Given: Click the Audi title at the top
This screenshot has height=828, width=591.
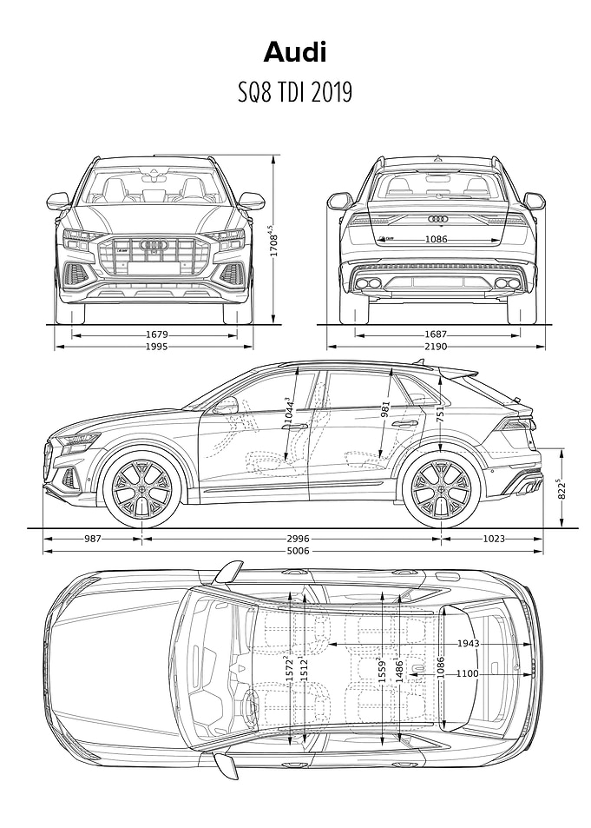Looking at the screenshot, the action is (295, 53).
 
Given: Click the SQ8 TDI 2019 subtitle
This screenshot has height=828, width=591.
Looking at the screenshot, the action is (295, 92).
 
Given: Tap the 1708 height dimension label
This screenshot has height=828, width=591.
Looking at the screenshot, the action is (273, 242).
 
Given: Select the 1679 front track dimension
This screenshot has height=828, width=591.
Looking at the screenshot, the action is (157, 335).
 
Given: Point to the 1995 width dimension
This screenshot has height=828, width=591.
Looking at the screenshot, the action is (157, 347).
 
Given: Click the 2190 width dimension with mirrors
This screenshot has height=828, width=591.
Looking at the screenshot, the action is (436, 347).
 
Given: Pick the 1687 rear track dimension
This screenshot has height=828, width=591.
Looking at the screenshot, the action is (436, 335).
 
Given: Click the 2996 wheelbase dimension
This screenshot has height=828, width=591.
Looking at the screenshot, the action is (299, 540).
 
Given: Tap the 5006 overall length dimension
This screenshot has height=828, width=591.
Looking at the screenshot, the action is (299, 552).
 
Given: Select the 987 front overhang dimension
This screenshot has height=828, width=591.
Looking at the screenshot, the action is (92, 540).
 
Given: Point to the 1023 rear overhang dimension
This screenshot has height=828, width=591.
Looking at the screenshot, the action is (494, 540).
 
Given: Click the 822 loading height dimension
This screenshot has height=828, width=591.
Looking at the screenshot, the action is (562, 489).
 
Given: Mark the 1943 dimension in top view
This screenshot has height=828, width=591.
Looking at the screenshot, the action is (468, 643).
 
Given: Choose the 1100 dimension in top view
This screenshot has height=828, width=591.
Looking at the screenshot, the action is (468, 673).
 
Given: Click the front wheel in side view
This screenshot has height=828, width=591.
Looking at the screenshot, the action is (142, 489).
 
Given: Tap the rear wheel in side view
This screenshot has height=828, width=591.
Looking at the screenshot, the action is (441, 489).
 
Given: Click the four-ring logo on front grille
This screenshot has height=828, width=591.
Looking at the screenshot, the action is (154, 244).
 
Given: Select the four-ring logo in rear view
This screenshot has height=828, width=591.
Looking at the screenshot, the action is (438, 218).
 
